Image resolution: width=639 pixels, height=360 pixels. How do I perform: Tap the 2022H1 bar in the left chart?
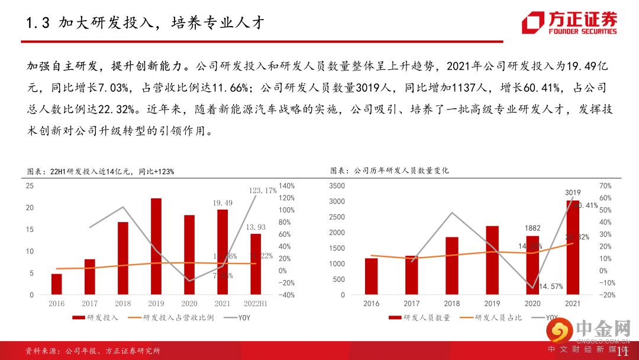[256, 264]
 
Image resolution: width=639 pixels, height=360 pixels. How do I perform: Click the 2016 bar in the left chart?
[57, 284]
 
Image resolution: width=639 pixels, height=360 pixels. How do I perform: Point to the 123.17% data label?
[263, 190]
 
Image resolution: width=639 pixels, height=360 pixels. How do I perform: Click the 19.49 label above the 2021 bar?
[222, 202]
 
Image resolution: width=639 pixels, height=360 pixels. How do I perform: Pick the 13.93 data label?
[256, 227]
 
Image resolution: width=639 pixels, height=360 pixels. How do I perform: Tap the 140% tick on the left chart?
[286, 185]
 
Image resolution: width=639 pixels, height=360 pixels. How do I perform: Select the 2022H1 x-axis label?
[256, 303]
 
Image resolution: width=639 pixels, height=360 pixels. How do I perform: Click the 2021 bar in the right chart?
[573, 247]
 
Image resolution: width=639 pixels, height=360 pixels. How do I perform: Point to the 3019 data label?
[573, 192]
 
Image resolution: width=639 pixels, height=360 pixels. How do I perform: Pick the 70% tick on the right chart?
[605, 186]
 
